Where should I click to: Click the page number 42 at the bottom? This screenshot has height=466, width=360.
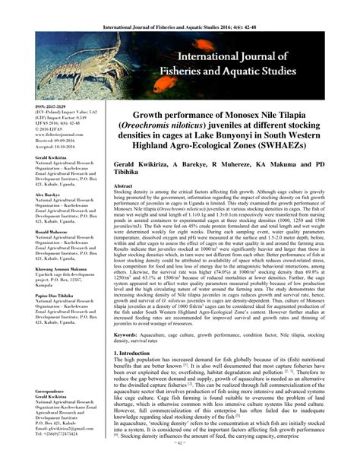point(181,458)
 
